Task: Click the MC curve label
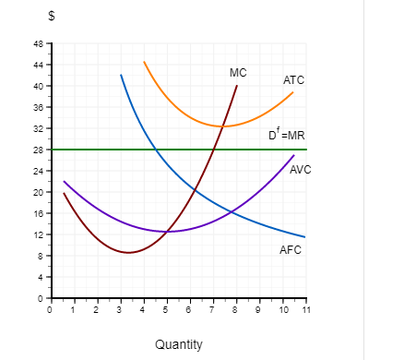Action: coord(238,72)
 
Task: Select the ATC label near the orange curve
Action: coord(293,81)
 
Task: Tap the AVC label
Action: coord(301,170)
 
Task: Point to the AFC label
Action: coord(290,250)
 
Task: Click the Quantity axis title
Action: coord(179,344)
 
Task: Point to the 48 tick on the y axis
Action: coord(40,43)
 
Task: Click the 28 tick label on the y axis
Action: coord(40,150)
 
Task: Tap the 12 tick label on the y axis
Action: coord(40,234)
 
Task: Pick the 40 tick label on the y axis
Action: coord(40,86)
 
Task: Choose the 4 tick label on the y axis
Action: coord(42,277)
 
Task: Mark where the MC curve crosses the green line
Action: coord(215,150)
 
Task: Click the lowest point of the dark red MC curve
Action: coord(129,252)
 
